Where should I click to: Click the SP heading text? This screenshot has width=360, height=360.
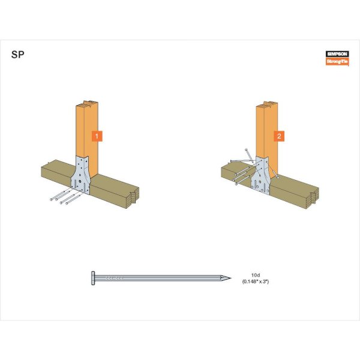point(17,55)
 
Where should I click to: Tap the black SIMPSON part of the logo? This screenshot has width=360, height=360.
point(337,54)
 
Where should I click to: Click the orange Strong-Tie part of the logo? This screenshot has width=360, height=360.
point(337,61)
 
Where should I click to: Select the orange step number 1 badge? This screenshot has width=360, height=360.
point(97,136)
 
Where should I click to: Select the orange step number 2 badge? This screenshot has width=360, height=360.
point(279,136)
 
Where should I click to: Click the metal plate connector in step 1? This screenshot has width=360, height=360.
point(80,175)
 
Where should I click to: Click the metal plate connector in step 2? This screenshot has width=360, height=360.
point(261,176)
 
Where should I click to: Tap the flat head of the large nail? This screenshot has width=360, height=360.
point(93,278)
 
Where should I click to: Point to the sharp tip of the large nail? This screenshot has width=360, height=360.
point(230,278)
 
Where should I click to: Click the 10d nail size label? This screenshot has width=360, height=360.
point(256,275)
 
